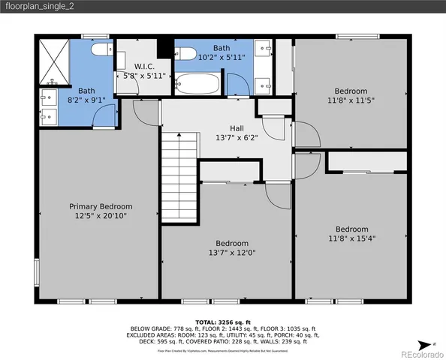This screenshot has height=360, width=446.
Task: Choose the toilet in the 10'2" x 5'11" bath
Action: [x=185, y=53]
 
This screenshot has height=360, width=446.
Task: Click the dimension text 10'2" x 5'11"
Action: [x=221, y=56]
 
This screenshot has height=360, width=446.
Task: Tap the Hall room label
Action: [x=237, y=127]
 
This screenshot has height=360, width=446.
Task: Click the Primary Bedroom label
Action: [x=101, y=206]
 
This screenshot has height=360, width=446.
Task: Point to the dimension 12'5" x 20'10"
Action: [x=101, y=216]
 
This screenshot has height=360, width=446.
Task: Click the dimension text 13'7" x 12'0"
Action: [x=232, y=253]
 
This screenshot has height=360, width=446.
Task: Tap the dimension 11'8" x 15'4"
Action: [x=351, y=238]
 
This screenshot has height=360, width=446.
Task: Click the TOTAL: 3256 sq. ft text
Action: [x=223, y=321]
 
